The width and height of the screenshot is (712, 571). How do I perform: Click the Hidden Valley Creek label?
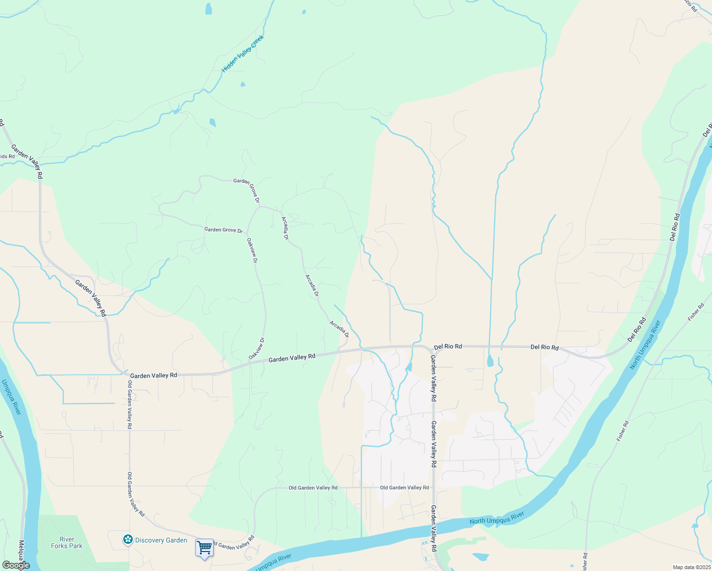243,54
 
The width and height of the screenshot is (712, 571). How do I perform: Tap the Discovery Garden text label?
161,540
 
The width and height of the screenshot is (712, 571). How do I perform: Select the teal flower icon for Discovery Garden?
128,540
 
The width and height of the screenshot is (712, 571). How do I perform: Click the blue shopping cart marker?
204,548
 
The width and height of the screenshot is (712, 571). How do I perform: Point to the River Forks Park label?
67,543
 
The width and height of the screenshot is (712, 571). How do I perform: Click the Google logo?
15,565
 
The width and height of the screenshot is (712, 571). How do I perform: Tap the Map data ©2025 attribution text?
691,567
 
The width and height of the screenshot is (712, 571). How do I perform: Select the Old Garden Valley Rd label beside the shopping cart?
233,543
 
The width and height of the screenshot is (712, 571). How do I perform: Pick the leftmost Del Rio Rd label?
448,346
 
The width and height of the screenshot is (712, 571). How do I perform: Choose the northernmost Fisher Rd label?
695,312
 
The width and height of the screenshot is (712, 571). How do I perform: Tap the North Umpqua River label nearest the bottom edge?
496,518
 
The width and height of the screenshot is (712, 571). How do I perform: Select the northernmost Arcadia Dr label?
285,228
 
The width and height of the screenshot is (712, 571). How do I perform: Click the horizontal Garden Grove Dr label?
223,230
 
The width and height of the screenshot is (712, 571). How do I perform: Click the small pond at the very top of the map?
208,9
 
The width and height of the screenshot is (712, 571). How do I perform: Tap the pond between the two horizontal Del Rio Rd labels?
490,361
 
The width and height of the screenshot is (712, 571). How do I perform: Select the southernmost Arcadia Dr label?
339,329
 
